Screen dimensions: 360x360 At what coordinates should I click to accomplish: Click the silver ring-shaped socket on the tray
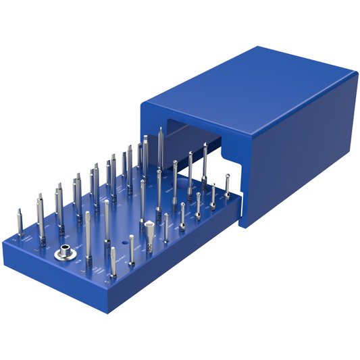pyautogui.click(x=64, y=256)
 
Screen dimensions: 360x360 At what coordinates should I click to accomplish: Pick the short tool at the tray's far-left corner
pyautogui.click(x=18, y=223)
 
